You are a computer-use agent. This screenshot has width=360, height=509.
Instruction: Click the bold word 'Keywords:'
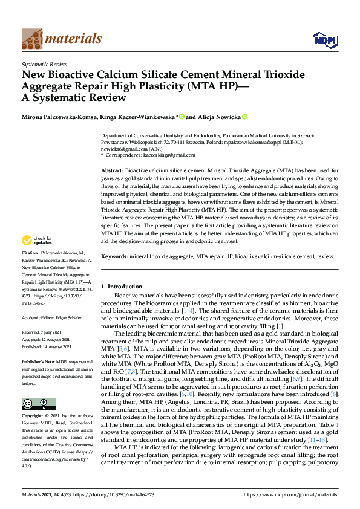point(114,256)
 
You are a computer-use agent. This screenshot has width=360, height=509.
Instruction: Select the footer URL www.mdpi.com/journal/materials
point(293,496)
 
